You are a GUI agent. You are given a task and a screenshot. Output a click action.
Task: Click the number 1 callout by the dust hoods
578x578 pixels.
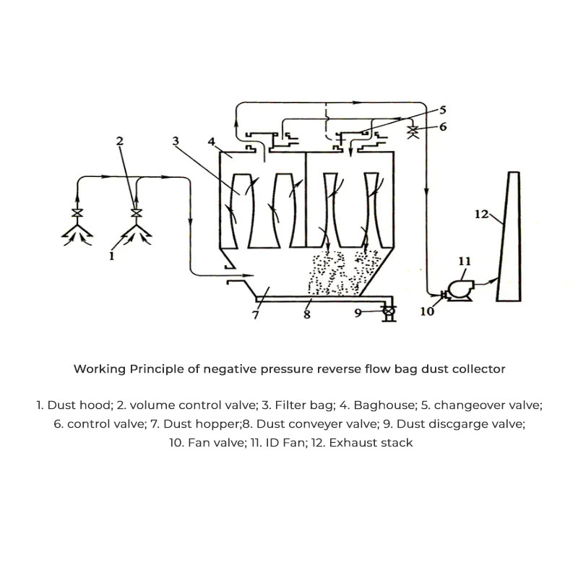click(111, 256)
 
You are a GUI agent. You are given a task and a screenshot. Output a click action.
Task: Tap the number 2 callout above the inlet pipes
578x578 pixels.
click(121, 142)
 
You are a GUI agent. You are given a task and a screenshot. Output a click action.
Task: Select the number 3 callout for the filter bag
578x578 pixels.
click(176, 142)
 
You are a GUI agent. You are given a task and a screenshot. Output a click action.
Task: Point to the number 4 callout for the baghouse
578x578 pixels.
click(211, 142)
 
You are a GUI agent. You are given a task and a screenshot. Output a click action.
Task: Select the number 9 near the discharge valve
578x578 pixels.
click(358, 312)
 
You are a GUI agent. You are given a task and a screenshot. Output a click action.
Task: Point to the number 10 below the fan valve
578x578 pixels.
click(427, 311)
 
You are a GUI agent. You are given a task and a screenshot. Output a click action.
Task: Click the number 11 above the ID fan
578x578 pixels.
click(465, 261)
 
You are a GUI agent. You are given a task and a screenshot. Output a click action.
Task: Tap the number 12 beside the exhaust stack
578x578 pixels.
click(482, 214)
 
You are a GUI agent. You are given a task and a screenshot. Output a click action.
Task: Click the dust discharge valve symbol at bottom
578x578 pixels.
click(389, 312)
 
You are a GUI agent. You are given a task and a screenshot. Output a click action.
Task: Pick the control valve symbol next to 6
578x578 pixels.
click(415, 131)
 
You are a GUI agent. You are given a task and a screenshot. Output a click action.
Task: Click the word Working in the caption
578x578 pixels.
click(99, 369)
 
